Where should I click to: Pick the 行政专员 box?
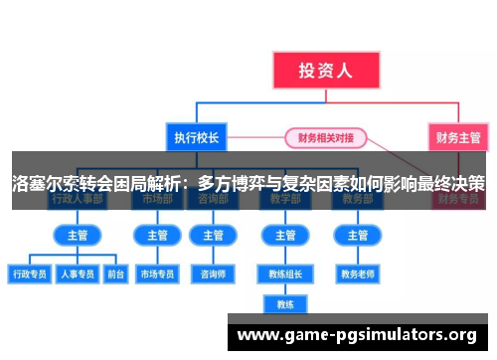pos(29,272)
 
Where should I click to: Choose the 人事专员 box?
pos(77,272)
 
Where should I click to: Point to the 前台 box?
pos(114,272)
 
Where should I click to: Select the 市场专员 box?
pos(158,272)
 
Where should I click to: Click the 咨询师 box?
pos(213,272)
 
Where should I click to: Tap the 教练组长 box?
pos(285,272)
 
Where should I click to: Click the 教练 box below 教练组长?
pos(285,304)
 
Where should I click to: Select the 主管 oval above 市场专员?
pos(158,236)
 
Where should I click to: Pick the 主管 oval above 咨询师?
pos(213,236)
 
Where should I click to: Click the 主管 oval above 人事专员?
pos(77,236)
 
